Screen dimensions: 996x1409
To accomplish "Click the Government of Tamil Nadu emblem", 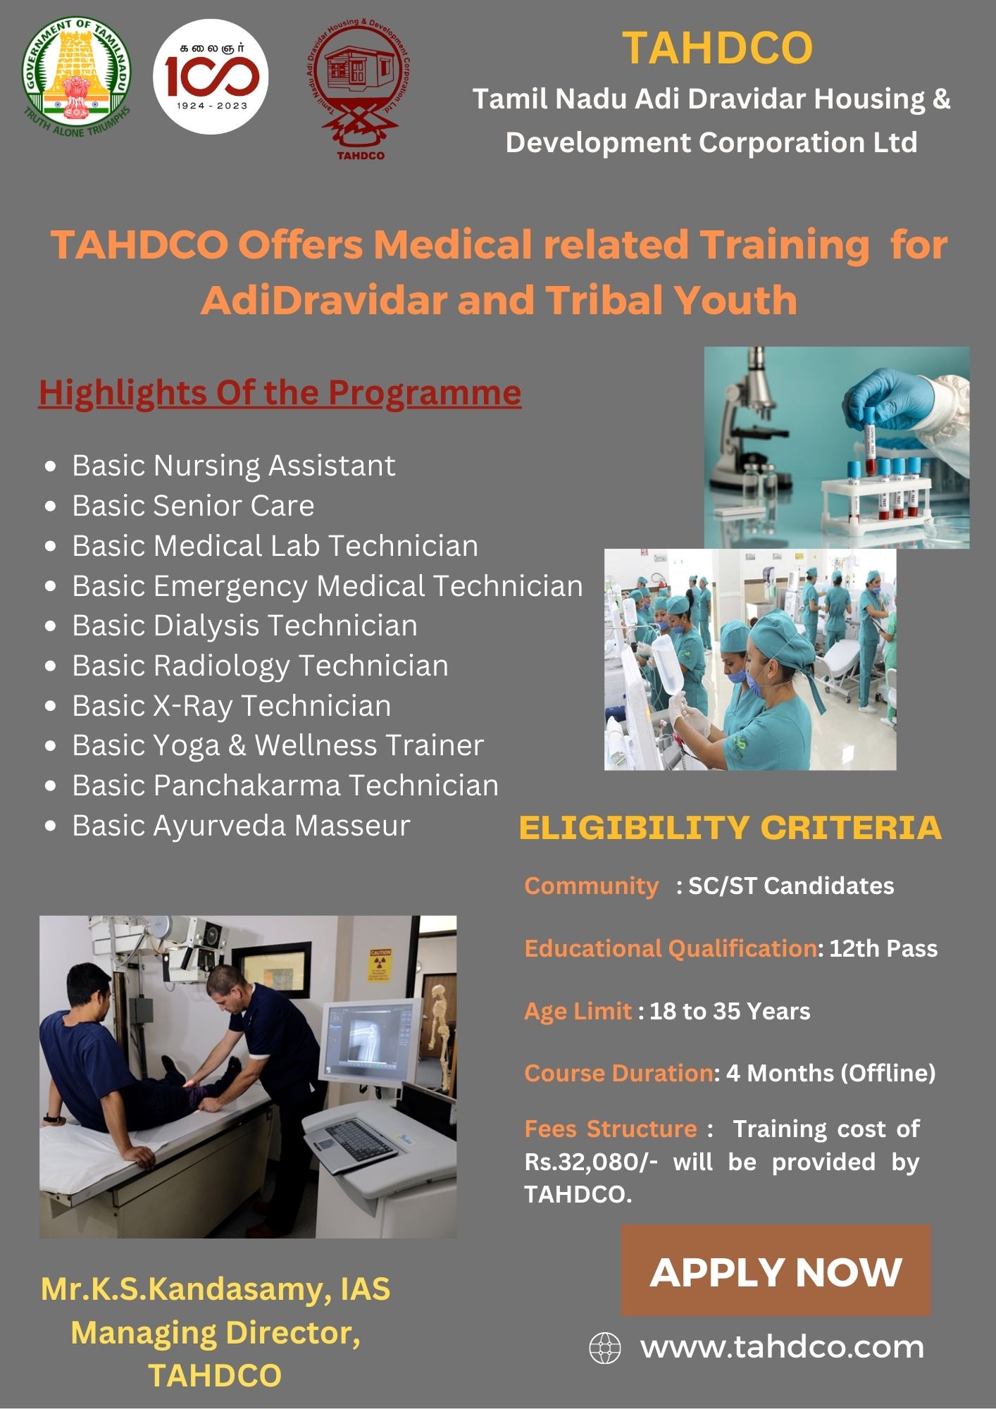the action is point(76,78).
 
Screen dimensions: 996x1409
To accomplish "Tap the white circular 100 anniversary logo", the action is point(211,76).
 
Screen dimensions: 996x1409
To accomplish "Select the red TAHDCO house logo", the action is point(359,90).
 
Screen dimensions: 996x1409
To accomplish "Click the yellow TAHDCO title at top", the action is point(718,47).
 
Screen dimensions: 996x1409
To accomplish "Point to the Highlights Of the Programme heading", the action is point(280,392).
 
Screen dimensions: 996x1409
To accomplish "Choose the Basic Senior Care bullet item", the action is point(193,505).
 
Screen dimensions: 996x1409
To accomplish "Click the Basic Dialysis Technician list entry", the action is point(244,626).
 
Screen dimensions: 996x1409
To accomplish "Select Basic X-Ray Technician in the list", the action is point(231,706).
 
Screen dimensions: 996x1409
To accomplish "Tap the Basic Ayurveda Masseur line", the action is point(241,826).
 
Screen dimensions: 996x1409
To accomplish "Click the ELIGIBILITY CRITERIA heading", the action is point(730,827).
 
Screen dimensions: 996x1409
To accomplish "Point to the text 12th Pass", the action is point(883,948).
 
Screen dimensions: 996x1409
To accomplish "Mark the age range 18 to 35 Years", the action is point(730,1011).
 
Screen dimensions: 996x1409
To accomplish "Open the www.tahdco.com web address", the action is point(782,1347).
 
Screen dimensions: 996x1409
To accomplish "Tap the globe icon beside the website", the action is point(604,1348).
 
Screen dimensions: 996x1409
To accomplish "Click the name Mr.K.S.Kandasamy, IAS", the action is point(216,1289).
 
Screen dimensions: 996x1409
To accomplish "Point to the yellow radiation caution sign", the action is point(380,964).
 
